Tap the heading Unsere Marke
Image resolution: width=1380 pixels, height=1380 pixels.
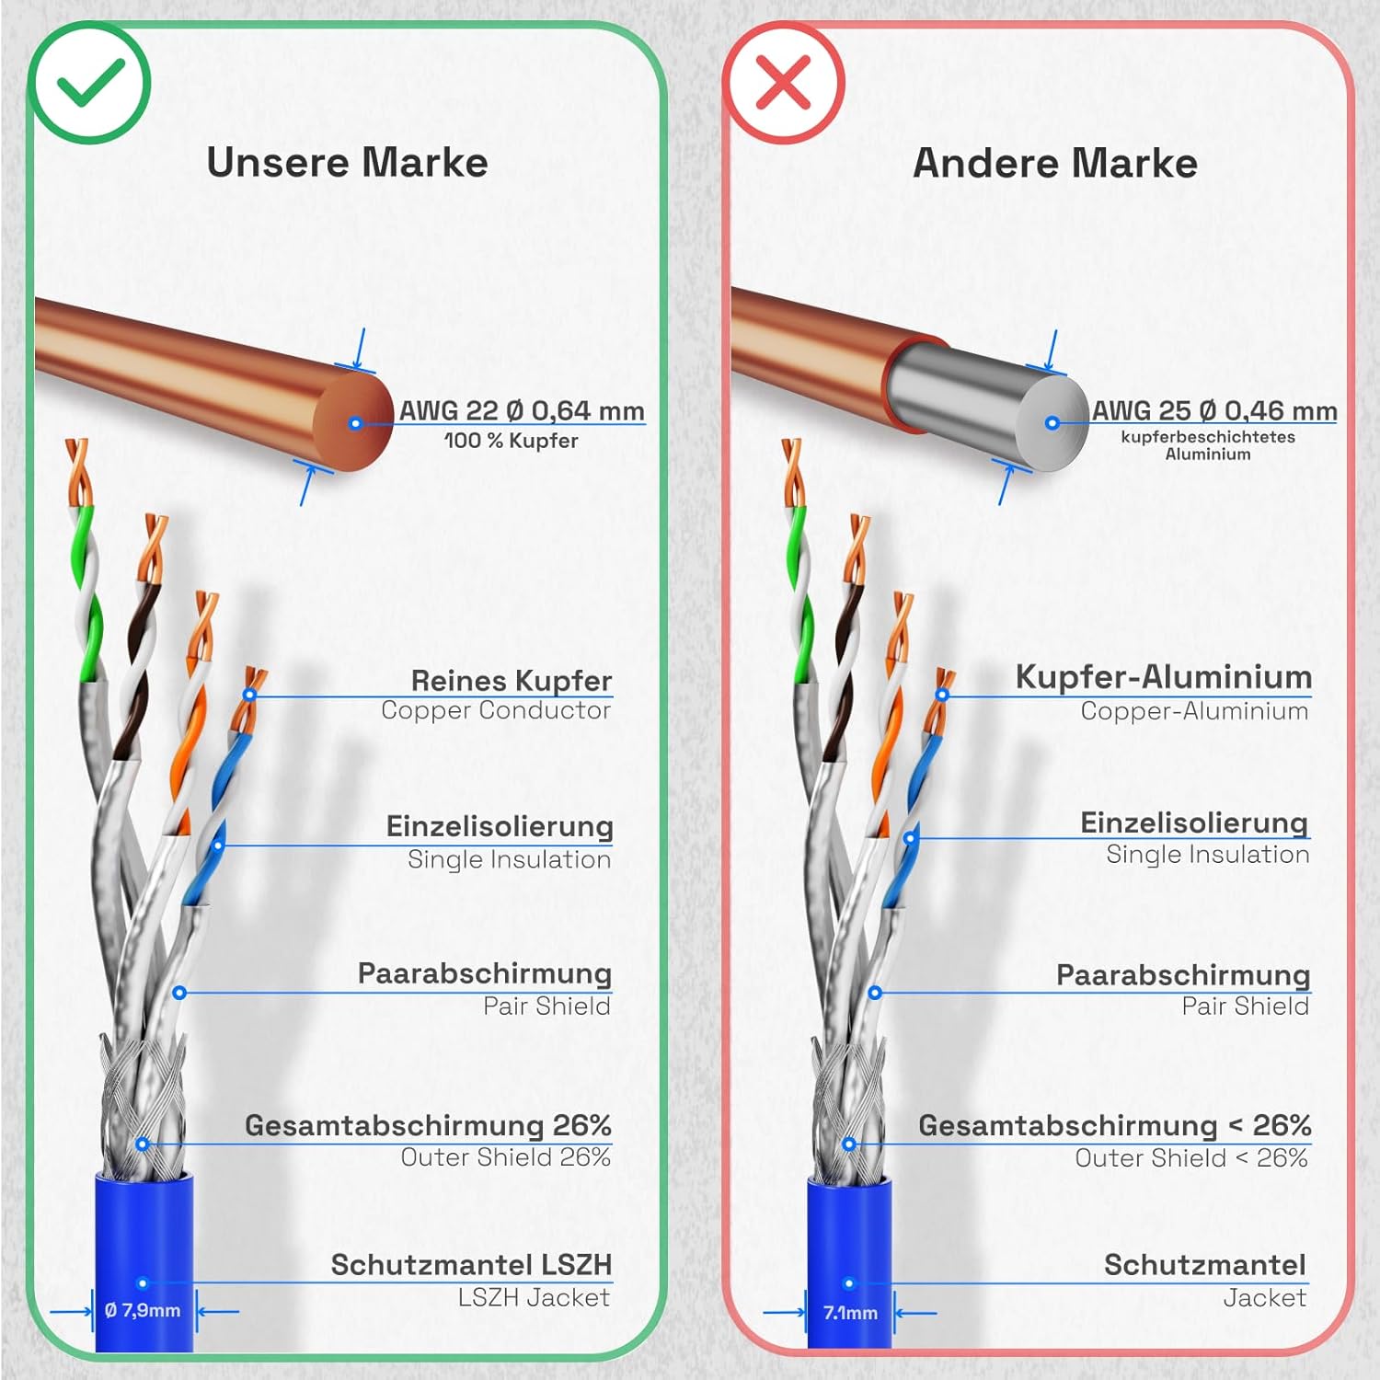pos(347,163)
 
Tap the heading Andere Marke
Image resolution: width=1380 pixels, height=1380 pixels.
pos(1054,164)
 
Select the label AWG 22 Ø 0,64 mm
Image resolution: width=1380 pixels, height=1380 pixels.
pos(522,410)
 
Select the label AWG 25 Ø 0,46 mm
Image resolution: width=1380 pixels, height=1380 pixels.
pos(1214,410)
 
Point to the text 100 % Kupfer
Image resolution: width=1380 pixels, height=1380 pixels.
pos(512,441)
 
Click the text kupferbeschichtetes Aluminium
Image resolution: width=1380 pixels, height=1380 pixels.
pos(1207,445)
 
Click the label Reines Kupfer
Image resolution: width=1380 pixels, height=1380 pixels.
pos(511,681)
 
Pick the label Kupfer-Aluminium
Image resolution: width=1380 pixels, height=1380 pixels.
pos(1163,677)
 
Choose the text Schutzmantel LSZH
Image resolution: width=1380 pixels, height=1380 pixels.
pos(471,1265)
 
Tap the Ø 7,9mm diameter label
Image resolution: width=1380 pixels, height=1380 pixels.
pos(143,1311)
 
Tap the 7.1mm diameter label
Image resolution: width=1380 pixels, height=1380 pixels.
pos(850,1313)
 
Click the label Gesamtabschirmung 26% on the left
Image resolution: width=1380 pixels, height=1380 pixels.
pos(428,1125)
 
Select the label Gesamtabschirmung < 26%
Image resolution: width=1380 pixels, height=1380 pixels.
pos(1114,1125)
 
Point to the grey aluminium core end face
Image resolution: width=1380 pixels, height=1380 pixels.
pos(1052,424)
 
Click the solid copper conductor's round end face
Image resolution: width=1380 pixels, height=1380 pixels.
pos(355,423)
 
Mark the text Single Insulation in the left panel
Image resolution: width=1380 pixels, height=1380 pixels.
pos(509,859)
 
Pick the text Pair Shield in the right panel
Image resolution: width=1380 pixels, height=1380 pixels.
pos(1245,1006)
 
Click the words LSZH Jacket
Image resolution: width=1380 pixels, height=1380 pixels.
pos(534,1297)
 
